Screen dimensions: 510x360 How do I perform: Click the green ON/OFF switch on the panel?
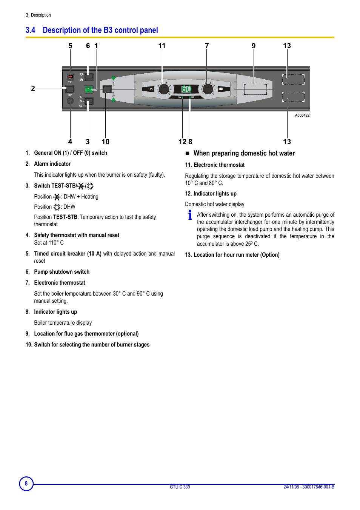pyautogui.click(x=89, y=89)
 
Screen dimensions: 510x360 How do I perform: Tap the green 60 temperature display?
pyautogui.click(x=186, y=89)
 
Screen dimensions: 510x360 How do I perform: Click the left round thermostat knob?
pyautogui.click(x=164, y=89)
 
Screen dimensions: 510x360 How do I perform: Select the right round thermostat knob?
pyautogui.click(x=208, y=89)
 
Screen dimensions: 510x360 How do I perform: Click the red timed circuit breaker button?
pyautogui.click(x=70, y=77)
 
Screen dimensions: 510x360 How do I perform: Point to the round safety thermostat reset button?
pyautogui.click(x=70, y=101)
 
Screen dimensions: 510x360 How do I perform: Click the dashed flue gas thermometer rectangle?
pyautogui.click(x=255, y=89)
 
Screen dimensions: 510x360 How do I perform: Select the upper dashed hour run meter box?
pyautogui.click(x=293, y=79)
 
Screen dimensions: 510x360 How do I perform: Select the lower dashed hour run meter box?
pyautogui.click(x=293, y=97)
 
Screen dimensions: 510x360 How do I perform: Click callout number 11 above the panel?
pyautogui.click(x=162, y=46)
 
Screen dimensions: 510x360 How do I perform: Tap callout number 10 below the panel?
pyautogui.click(x=105, y=142)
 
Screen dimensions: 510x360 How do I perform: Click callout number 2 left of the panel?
pyautogui.click(x=33, y=88)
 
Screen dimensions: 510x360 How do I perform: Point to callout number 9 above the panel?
pyautogui.click(x=254, y=46)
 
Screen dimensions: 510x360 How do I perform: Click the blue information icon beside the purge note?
pyautogui.click(x=190, y=215)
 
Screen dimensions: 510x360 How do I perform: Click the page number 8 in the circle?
pyautogui.click(x=26, y=484)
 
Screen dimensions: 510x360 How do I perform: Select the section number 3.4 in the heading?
pyautogui.click(x=31, y=30)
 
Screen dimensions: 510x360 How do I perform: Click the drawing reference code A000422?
pyautogui.click(x=302, y=116)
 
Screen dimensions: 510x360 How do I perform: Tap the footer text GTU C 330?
pyautogui.click(x=180, y=487)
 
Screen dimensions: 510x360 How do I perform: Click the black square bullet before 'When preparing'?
pyautogui.click(x=187, y=153)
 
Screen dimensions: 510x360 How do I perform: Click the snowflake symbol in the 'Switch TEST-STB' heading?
pyautogui.click(x=81, y=186)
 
